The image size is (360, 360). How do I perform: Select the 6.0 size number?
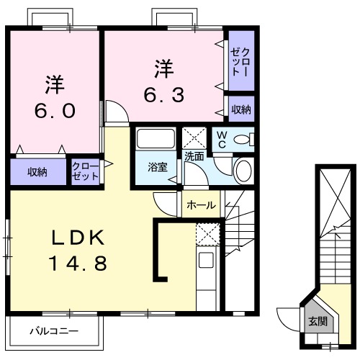click(x=55, y=112)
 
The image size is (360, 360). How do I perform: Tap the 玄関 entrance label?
click(x=317, y=320)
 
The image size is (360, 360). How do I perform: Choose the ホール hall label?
click(x=201, y=205)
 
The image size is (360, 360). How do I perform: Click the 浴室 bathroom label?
click(x=158, y=167)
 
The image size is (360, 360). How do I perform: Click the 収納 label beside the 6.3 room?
click(x=240, y=109)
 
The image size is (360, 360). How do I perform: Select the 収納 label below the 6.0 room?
click(x=37, y=172)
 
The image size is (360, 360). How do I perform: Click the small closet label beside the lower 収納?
click(x=85, y=171)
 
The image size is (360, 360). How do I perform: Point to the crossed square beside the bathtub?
click(x=194, y=137)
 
